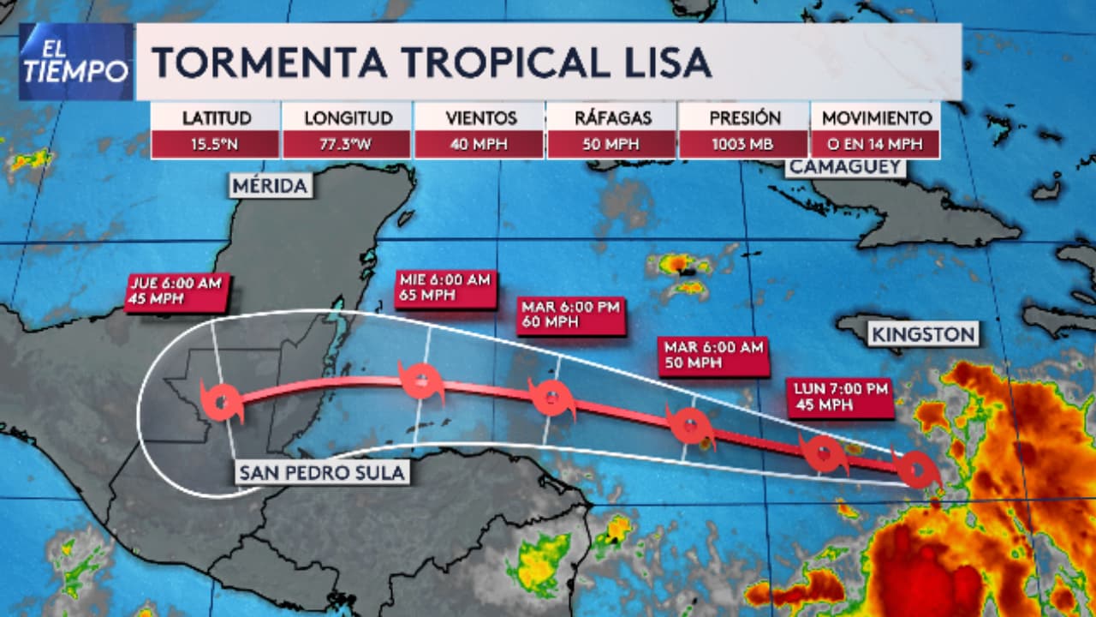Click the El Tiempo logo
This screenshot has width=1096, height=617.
point(75,62)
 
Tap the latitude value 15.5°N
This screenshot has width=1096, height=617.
point(216,144)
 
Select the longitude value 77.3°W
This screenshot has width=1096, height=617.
point(348,144)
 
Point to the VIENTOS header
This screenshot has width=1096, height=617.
point(480,118)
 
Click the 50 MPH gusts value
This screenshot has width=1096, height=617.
point(612,144)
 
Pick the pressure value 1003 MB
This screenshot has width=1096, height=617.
point(744,144)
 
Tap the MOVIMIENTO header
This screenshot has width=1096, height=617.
point(875,118)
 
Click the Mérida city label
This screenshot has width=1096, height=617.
point(269,186)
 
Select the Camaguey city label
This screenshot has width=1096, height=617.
point(846,167)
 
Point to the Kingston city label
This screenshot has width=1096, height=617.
point(924,333)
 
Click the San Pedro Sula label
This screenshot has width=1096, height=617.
point(321,472)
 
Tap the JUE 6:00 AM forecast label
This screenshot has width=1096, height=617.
point(177,291)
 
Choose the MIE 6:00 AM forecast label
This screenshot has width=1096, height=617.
point(445,289)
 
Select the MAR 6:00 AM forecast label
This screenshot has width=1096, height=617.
point(712,356)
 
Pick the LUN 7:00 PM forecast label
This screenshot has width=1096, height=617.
point(839,398)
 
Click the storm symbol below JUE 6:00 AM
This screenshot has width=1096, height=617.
point(223,401)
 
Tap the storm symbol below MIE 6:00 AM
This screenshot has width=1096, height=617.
point(422,380)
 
